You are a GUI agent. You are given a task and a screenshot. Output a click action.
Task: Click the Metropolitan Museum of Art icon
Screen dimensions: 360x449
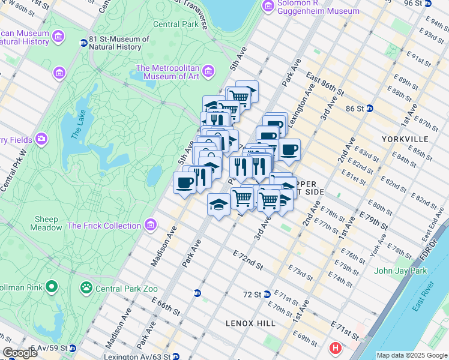coord(209,72)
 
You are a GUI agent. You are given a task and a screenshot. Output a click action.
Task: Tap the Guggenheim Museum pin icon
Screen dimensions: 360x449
coord(268,6)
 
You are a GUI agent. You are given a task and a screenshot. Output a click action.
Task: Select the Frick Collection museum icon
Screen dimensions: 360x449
coord(150,226)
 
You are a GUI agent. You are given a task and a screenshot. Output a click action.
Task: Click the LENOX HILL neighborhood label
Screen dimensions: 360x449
coord(250,323)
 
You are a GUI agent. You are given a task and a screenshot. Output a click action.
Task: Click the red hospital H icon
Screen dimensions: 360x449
coord(335,347)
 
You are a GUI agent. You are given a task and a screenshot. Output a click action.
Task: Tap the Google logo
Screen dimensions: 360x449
coord(20,353)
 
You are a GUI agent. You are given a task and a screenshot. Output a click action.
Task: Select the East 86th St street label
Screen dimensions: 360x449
coord(324,84)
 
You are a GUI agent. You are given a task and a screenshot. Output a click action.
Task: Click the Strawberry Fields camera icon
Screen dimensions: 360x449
coord(41,139)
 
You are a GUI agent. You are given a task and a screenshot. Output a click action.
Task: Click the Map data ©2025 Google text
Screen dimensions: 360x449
coord(411,355)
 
